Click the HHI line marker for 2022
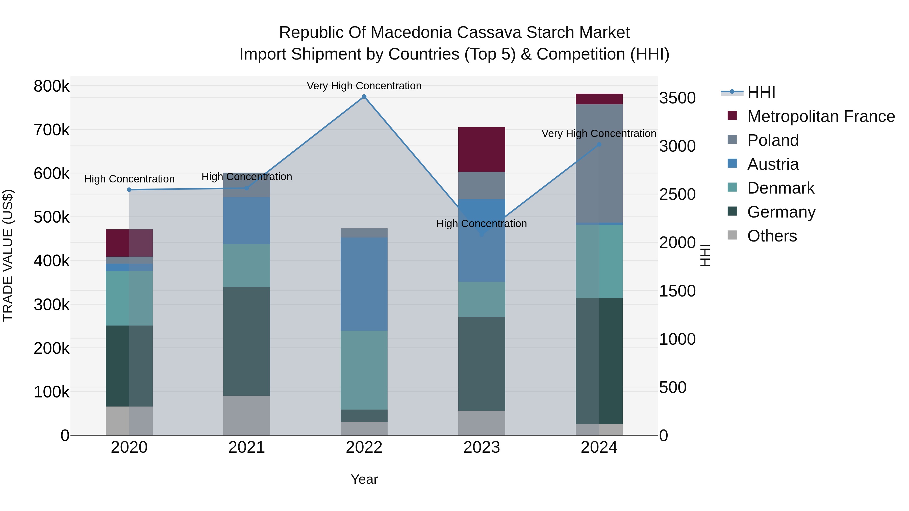coord(364,97)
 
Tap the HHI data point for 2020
coord(129,190)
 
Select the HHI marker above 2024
coord(599,145)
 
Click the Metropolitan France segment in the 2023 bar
coord(482,150)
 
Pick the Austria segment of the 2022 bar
coord(364,284)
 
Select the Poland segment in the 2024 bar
coord(599,164)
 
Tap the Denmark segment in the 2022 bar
coord(364,370)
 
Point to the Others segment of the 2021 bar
coord(247,415)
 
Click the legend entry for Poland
coord(773,140)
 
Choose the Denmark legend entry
coord(780,188)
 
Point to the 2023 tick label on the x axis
coord(482,447)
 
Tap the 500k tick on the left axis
coord(52,217)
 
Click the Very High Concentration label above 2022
coord(364,86)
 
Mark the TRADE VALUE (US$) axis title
coord(8,255)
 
